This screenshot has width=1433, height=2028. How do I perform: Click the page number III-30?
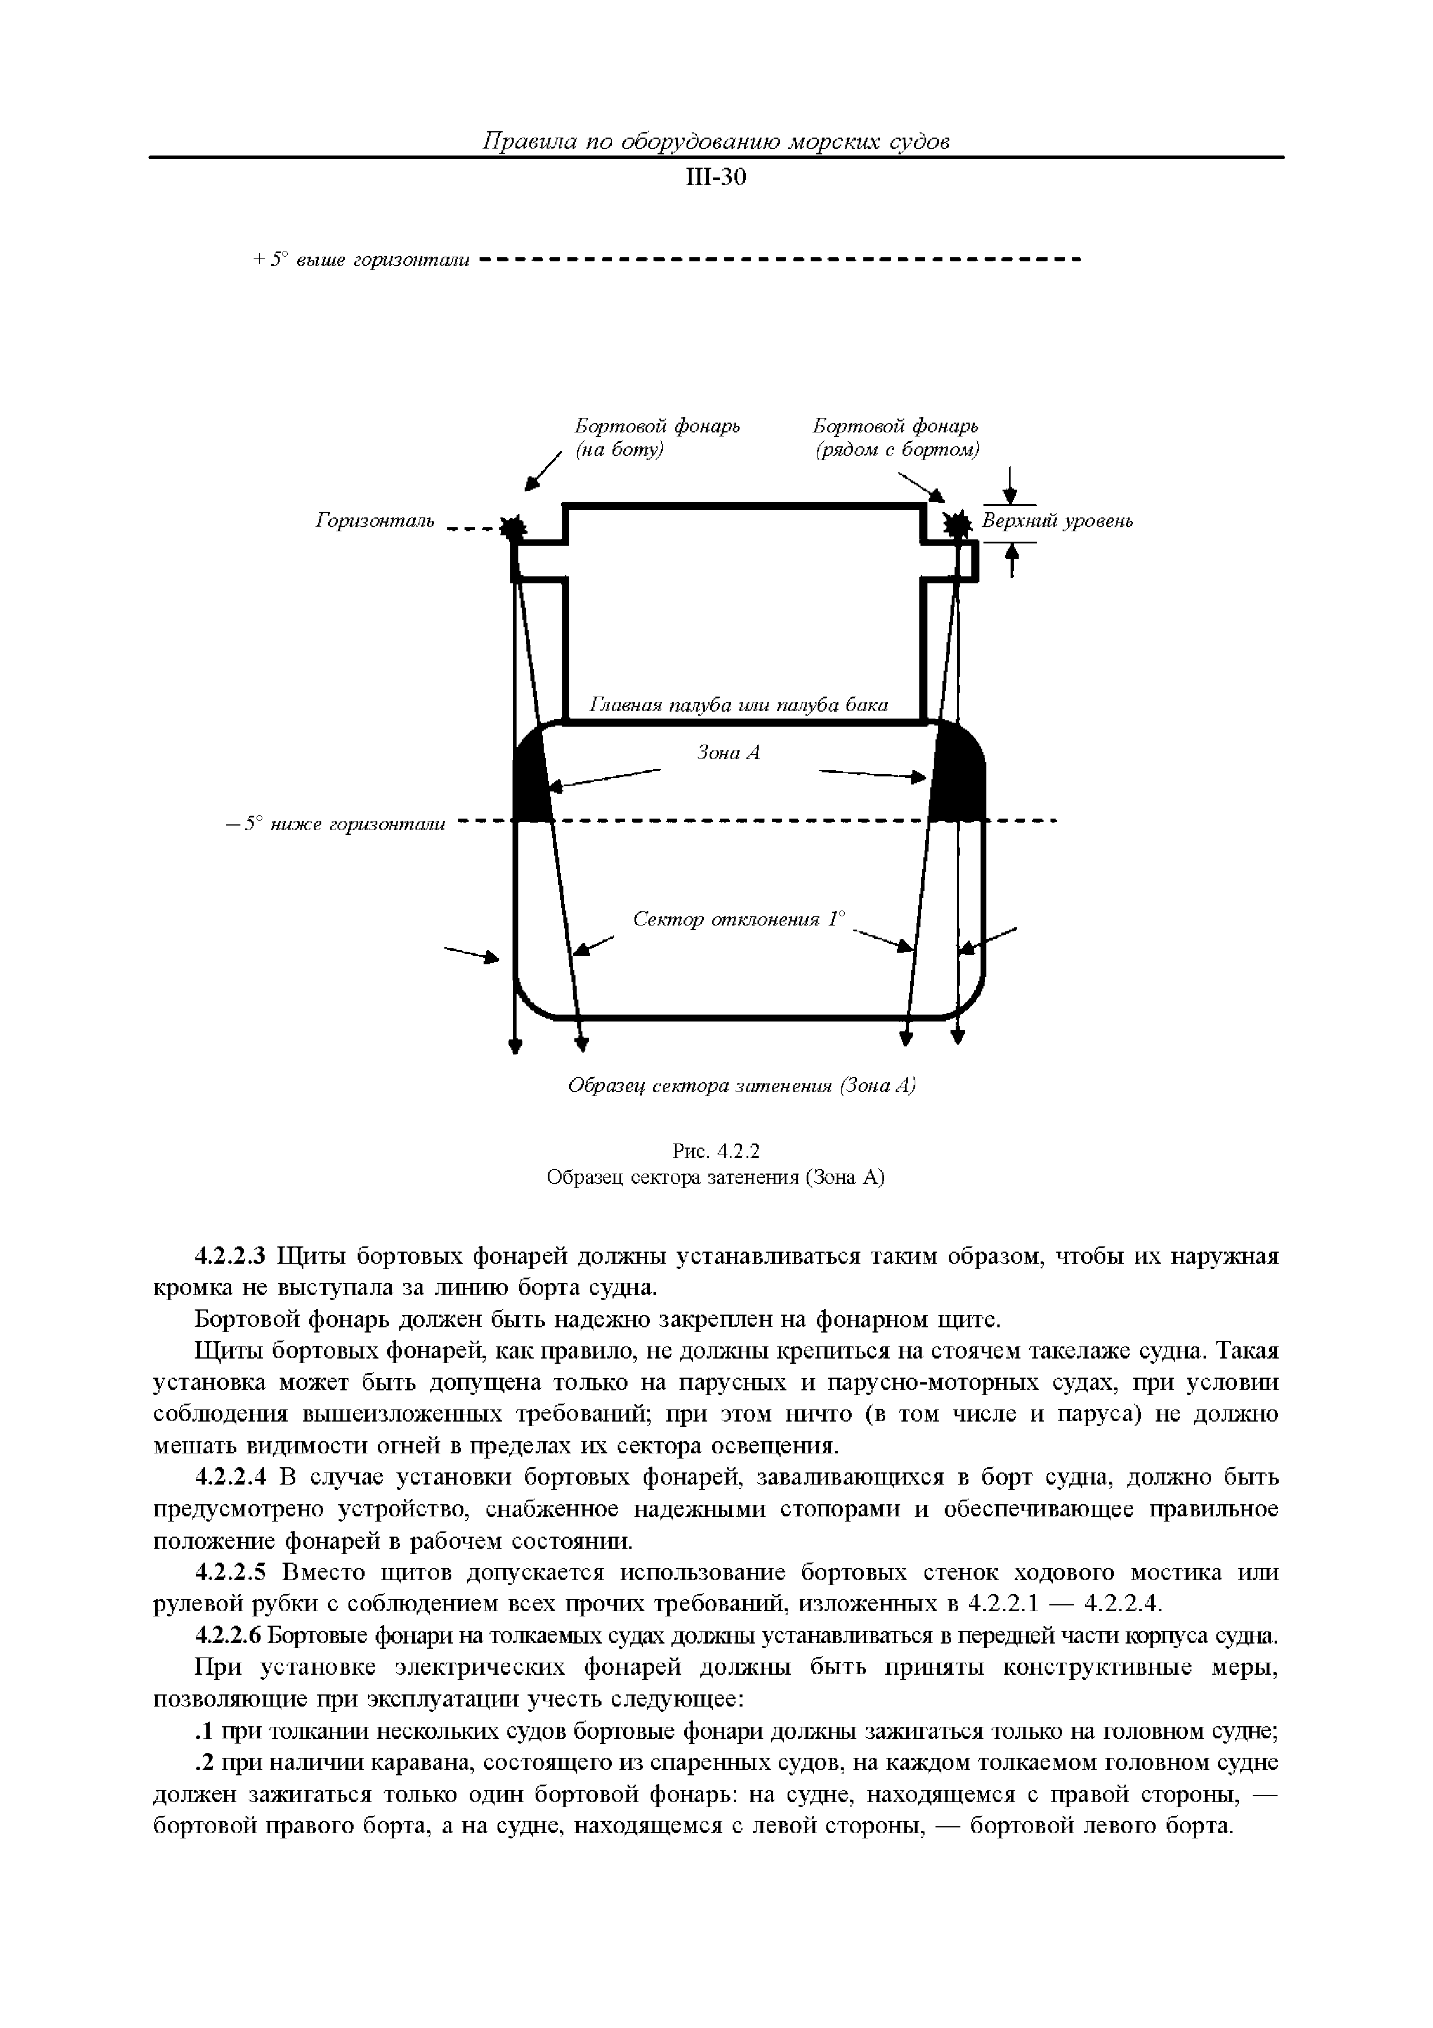pyautogui.click(x=715, y=179)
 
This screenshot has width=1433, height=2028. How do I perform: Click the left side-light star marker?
pyautogui.click(x=512, y=528)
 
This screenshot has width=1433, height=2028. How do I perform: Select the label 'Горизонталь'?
pyautogui.click(x=375, y=521)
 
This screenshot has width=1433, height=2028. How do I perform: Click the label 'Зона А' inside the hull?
pyautogui.click(x=729, y=753)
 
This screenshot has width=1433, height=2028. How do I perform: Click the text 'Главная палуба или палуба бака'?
pyautogui.click(x=738, y=705)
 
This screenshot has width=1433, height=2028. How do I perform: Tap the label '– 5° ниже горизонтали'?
pyautogui.click(x=336, y=824)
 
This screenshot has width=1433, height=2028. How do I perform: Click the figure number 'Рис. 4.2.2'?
pyautogui.click(x=715, y=1152)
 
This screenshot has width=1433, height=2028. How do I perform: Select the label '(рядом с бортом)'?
pyautogui.click(x=896, y=450)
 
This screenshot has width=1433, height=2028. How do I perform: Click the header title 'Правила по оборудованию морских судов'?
pyautogui.click(x=715, y=141)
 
